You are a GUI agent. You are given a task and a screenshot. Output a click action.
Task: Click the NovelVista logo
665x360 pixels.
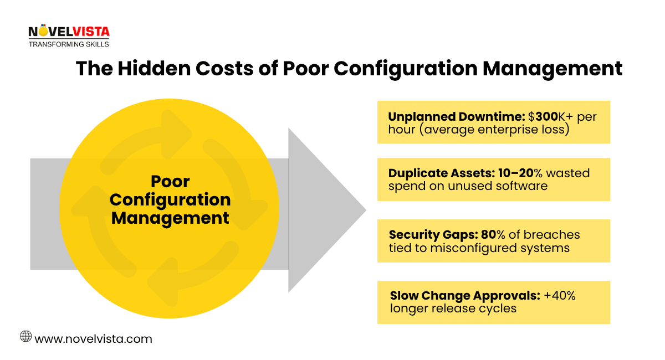coord(69,33)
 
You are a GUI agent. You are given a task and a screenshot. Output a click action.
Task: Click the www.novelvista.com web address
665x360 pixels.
coord(93,338)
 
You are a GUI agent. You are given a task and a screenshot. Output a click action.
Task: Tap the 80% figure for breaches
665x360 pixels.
coord(497,235)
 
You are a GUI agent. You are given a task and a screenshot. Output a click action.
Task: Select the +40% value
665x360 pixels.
coord(560,296)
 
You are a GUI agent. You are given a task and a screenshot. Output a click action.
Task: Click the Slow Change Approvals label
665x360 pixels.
coord(464,296)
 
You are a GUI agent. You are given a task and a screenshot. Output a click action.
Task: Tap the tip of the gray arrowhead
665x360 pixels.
coord(365,210)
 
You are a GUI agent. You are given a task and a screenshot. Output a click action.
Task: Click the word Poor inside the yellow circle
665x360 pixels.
coord(170,182)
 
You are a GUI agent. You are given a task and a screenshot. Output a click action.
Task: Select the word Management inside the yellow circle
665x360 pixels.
coord(170,218)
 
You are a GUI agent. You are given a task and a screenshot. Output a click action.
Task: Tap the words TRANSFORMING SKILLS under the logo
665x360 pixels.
coord(69,44)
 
